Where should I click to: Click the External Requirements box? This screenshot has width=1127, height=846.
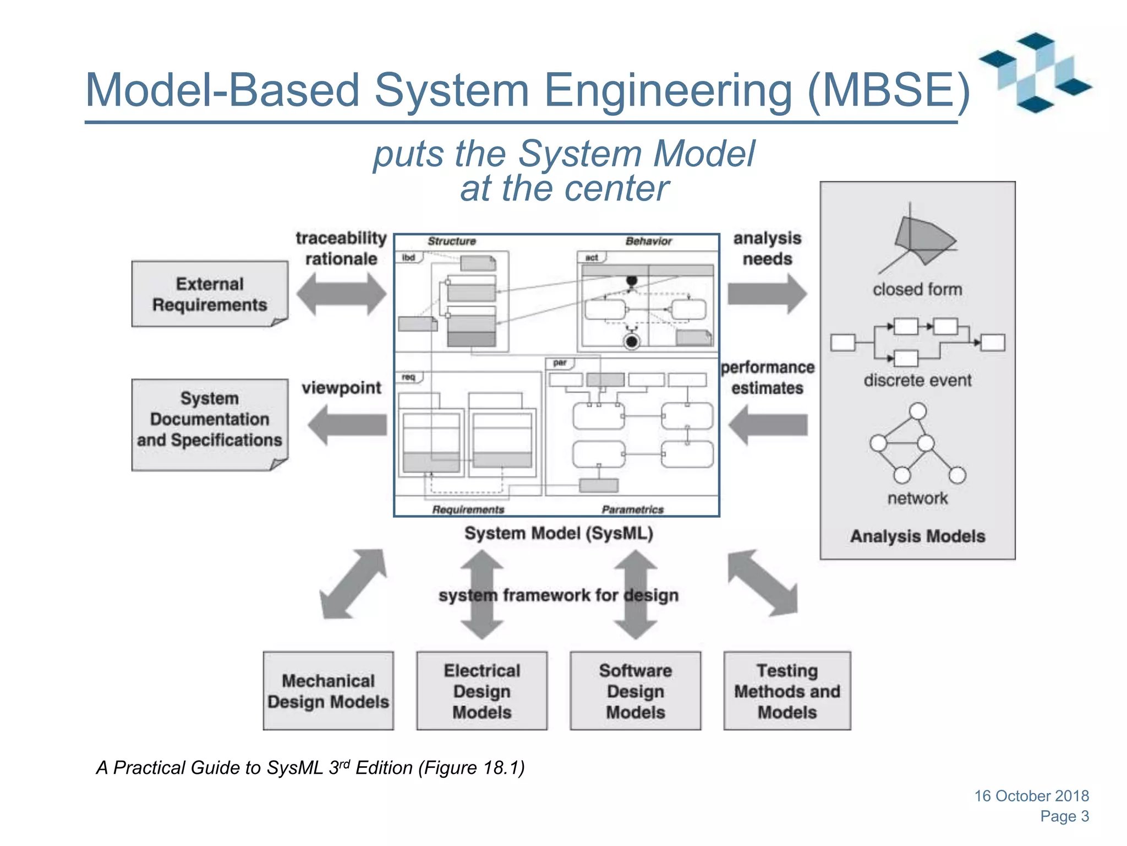(210, 294)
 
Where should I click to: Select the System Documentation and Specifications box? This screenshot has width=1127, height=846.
(210, 424)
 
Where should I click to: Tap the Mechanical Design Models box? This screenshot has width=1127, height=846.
(328, 691)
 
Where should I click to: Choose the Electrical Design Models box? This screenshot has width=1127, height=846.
(482, 691)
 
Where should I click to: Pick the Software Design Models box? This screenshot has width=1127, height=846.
(635, 691)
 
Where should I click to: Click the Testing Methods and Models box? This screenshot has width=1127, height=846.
(787, 691)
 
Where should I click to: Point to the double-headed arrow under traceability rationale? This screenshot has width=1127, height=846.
(341, 294)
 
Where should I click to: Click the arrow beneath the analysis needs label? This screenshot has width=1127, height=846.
(767, 294)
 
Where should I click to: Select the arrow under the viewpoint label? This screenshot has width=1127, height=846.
(347, 425)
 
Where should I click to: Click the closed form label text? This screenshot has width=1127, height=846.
(917, 289)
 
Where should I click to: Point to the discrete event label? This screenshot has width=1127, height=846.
(917, 380)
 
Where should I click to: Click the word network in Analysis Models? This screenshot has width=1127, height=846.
(917, 498)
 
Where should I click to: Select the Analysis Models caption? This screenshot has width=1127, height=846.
(917, 536)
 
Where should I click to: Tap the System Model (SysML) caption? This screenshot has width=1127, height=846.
(558, 533)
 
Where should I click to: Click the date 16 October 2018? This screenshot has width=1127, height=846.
(1031, 795)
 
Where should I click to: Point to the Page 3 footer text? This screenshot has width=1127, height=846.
(1064, 816)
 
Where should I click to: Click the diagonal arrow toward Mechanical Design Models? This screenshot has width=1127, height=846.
(353, 584)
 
